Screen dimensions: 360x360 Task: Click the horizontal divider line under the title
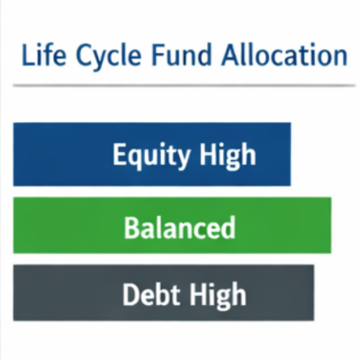click(180, 85)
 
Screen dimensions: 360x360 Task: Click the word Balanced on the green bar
click(179, 226)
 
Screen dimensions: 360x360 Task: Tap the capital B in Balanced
click(130, 226)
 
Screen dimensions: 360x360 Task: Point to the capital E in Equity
click(119, 154)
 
